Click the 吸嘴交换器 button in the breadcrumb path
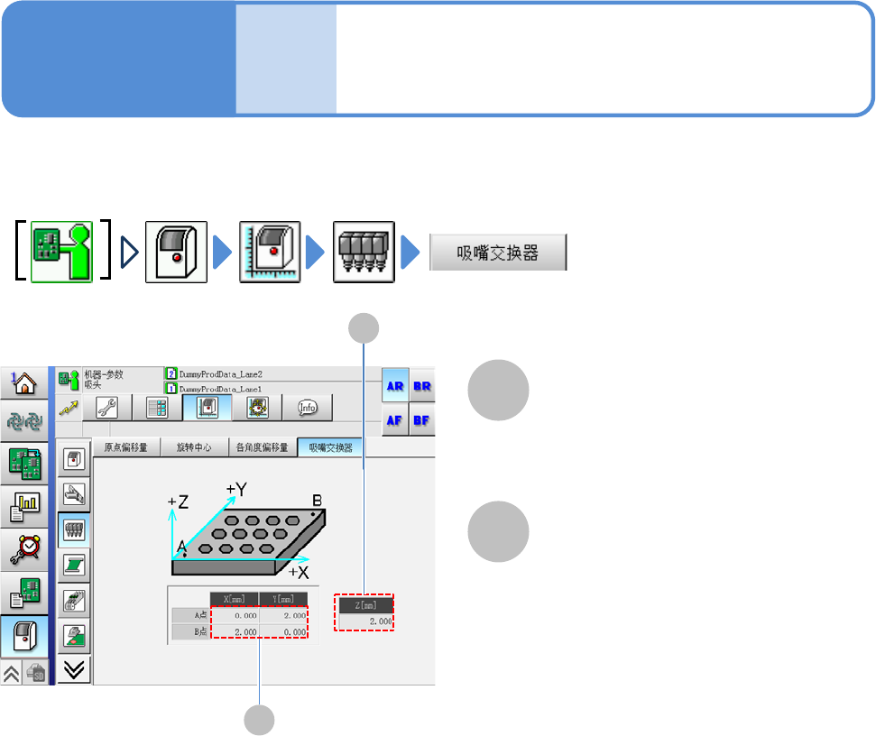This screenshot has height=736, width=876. pyautogui.click(x=498, y=253)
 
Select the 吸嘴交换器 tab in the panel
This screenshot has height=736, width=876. pyautogui.click(x=330, y=447)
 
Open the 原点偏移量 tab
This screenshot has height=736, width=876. pyautogui.click(x=126, y=447)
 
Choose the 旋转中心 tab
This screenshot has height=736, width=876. pyautogui.click(x=194, y=447)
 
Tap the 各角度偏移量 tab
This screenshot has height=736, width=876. pyautogui.click(x=262, y=447)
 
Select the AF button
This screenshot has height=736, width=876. pyautogui.click(x=394, y=419)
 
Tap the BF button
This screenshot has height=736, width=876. pyautogui.click(x=422, y=419)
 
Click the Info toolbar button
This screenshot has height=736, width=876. pyautogui.click(x=307, y=408)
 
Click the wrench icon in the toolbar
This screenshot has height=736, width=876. pyautogui.click(x=106, y=408)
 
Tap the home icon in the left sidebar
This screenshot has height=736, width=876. pyautogui.click(x=23, y=382)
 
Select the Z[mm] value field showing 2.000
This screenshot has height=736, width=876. pyautogui.click(x=365, y=621)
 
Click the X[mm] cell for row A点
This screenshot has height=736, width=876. pyautogui.click(x=235, y=614)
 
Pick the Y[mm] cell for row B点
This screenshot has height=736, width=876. pyautogui.click(x=283, y=631)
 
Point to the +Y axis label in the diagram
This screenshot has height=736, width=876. pyautogui.click(x=237, y=489)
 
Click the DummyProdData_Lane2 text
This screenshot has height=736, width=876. pyautogui.click(x=217, y=373)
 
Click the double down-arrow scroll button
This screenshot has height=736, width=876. pyautogui.click(x=75, y=668)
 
